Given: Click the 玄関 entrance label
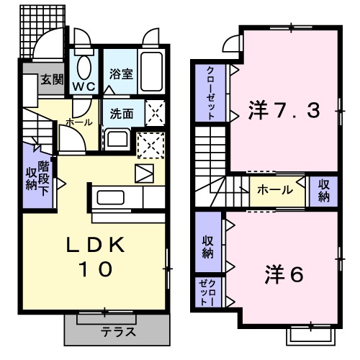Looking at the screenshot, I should click(x=50, y=79).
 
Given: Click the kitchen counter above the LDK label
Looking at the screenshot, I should click(x=115, y=197).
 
